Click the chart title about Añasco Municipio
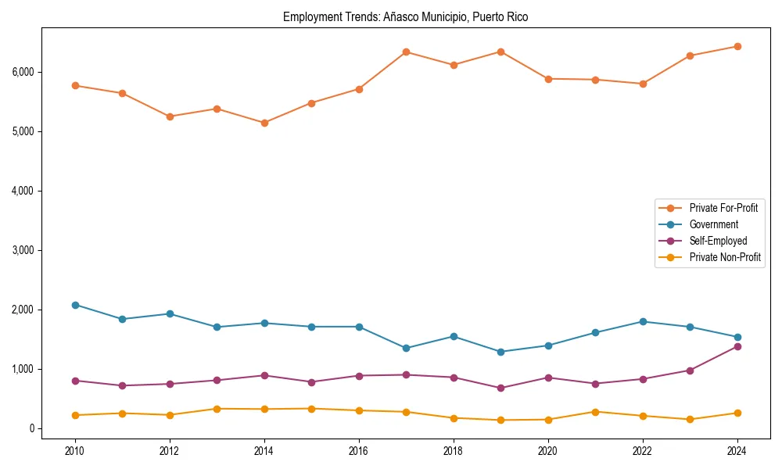(x=405, y=17)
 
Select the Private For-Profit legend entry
(x=723, y=208)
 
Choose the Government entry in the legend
(x=713, y=224)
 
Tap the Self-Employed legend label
(x=718, y=241)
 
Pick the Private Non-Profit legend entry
(x=725, y=257)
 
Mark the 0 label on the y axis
(x=32, y=428)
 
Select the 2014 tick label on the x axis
(x=264, y=451)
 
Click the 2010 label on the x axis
(x=75, y=451)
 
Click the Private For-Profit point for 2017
(x=406, y=52)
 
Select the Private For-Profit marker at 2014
(x=264, y=123)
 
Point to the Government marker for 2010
(x=75, y=305)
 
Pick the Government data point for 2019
(x=500, y=352)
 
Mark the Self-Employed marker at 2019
(x=500, y=388)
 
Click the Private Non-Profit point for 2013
(x=217, y=409)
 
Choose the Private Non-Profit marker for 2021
(x=595, y=412)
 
